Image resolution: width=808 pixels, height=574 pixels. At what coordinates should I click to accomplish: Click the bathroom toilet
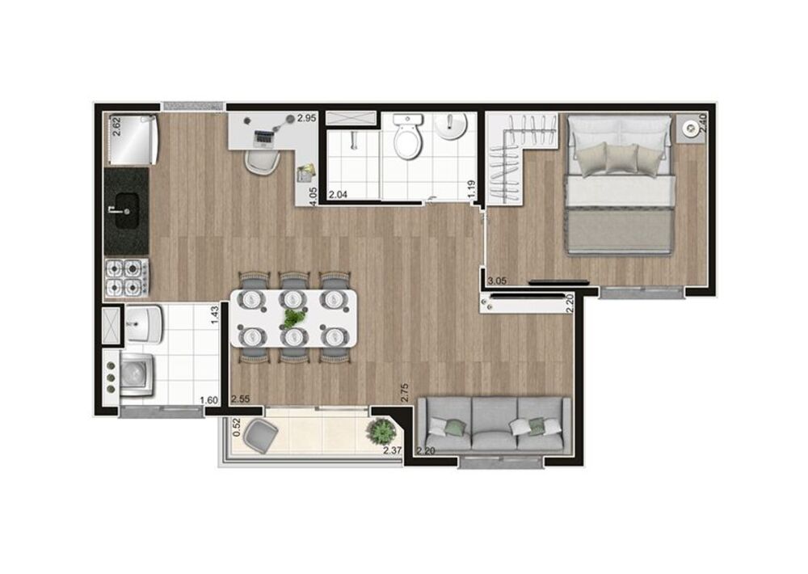406,141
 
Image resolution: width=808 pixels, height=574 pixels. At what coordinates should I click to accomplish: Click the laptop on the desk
263,137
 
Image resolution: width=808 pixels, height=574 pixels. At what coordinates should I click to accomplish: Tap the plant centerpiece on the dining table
292,318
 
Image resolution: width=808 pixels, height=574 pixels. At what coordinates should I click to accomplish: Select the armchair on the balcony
261,437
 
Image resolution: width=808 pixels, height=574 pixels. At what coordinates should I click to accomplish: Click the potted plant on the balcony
377,432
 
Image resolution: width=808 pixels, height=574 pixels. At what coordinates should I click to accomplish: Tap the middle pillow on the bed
621,159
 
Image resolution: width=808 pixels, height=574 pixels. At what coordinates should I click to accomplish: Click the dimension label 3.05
499,281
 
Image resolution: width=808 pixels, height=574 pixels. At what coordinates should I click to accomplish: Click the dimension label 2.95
306,118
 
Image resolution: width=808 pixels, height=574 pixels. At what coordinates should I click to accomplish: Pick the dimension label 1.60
208,399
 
